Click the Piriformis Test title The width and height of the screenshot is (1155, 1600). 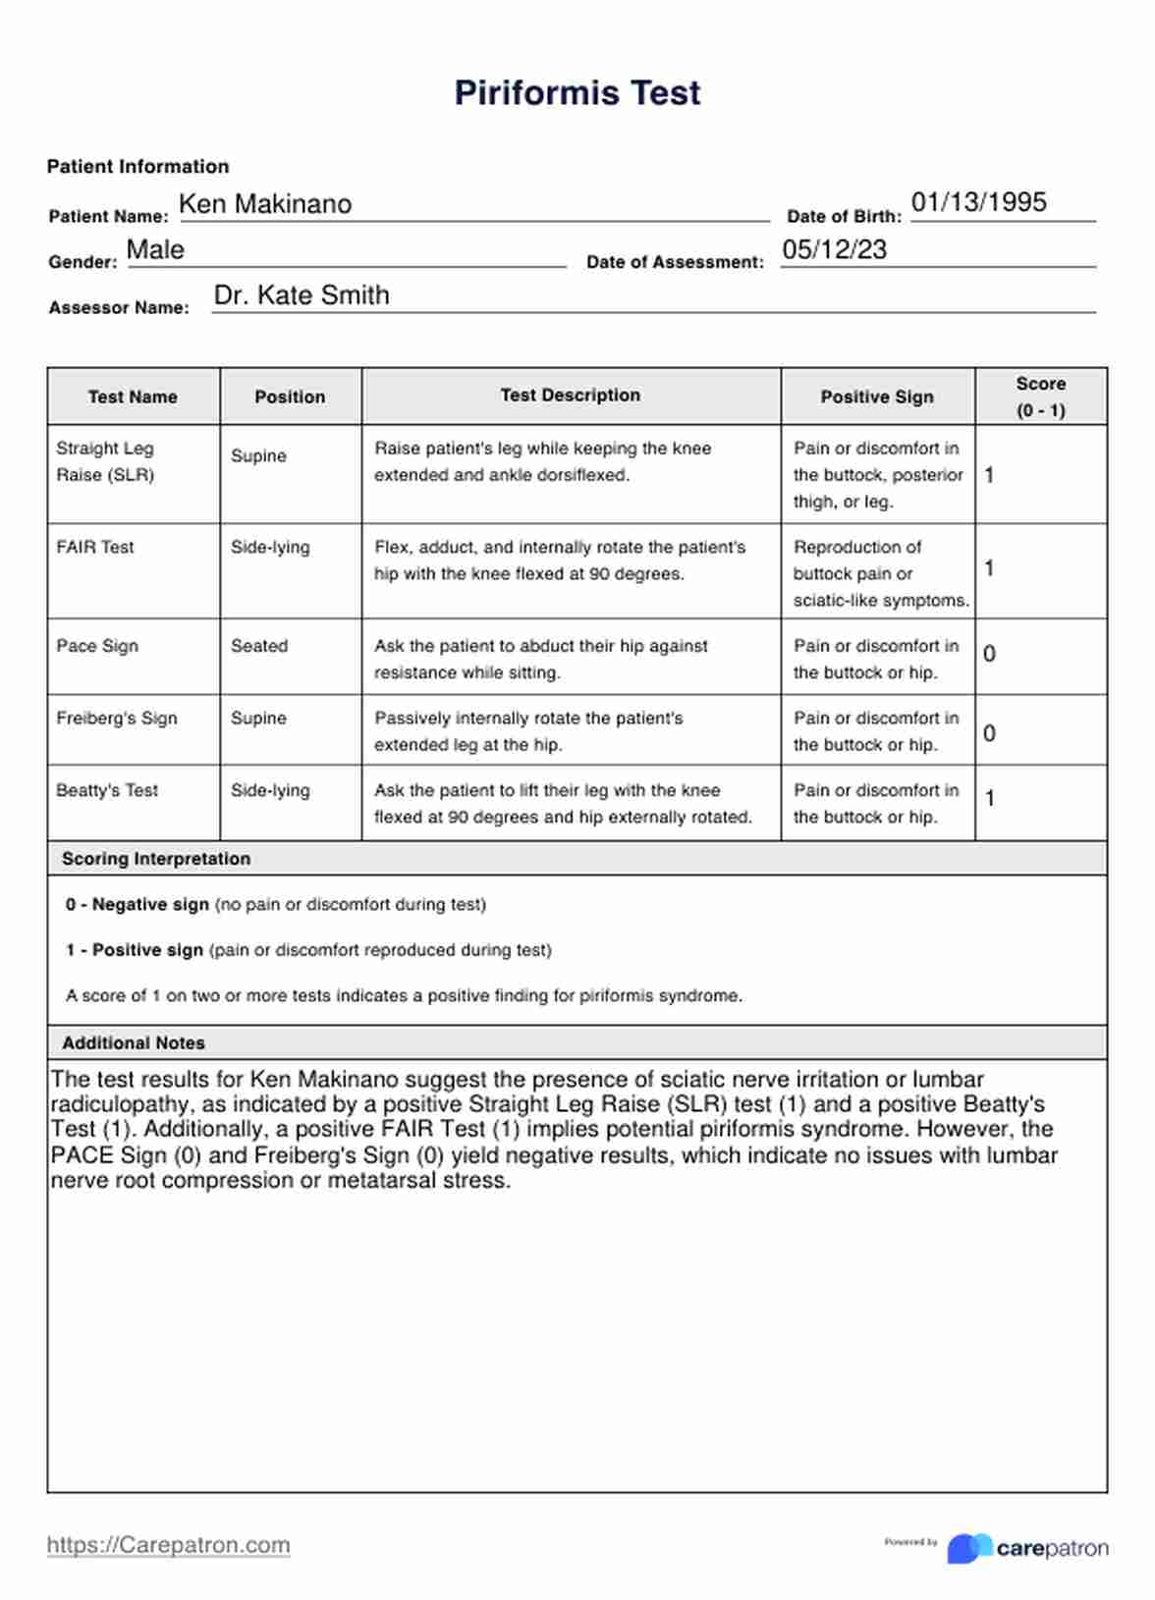(x=577, y=93)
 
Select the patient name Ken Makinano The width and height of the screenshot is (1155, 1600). (x=265, y=204)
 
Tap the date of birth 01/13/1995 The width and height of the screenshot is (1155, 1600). (x=978, y=202)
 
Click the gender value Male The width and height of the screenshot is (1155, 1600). (x=155, y=249)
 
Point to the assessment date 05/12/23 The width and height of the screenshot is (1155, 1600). (x=834, y=249)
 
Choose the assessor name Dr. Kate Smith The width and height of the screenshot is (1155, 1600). (x=302, y=295)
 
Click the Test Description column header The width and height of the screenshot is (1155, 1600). (x=570, y=396)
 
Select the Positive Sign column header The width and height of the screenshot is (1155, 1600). (x=877, y=397)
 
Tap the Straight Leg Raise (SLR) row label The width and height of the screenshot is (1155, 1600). (x=105, y=461)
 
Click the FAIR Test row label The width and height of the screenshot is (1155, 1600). (x=95, y=548)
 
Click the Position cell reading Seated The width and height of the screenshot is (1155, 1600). (x=259, y=646)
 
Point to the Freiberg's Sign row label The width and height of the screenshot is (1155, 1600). (x=117, y=719)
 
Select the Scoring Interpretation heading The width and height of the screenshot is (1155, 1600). (x=156, y=859)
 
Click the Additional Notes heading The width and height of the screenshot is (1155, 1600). (x=134, y=1043)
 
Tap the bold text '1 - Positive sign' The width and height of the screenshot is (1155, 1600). (x=135, y=950)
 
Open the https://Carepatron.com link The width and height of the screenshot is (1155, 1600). (x=168, y=1545)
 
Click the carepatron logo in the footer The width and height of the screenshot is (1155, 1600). (x=1027, y=1548)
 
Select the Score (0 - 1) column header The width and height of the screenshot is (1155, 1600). (x=1040, y=397)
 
